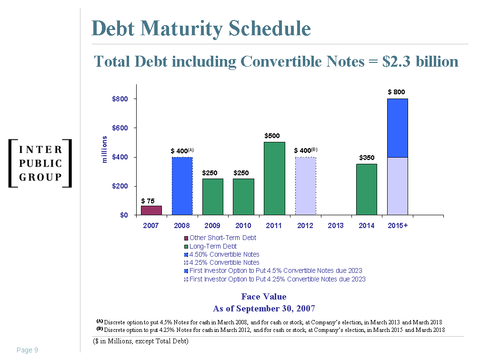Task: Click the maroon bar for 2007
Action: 151,210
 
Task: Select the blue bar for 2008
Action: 182,186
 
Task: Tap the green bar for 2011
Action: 274,179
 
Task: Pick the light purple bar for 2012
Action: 305,186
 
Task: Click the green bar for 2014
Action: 367,190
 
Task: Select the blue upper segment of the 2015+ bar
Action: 397,128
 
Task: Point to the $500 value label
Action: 272,136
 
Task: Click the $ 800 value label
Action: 397,91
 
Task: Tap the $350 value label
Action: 367,158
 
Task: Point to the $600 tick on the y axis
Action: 120,128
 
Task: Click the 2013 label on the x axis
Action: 336,225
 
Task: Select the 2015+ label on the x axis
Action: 397,225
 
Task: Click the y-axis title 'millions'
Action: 104,150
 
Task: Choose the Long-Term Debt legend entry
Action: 213,246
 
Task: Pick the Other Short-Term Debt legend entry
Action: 222,238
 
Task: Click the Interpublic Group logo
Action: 40,163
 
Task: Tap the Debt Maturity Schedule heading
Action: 201,29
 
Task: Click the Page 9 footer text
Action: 27,350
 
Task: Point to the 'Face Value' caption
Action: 264,297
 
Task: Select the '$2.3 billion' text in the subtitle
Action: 420,61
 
